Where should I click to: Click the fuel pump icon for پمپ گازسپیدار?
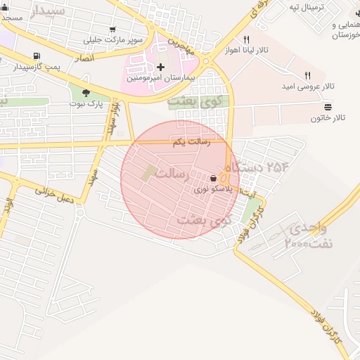(x=35, y=56)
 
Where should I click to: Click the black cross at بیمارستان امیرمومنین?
(x=161, y=67)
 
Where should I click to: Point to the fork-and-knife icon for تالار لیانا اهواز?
(x=245, y=40)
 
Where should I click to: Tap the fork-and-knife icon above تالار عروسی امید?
(x=307, y=75)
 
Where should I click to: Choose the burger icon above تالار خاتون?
(x=328, y=107)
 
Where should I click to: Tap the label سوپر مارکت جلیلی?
(x=113, y=39)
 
